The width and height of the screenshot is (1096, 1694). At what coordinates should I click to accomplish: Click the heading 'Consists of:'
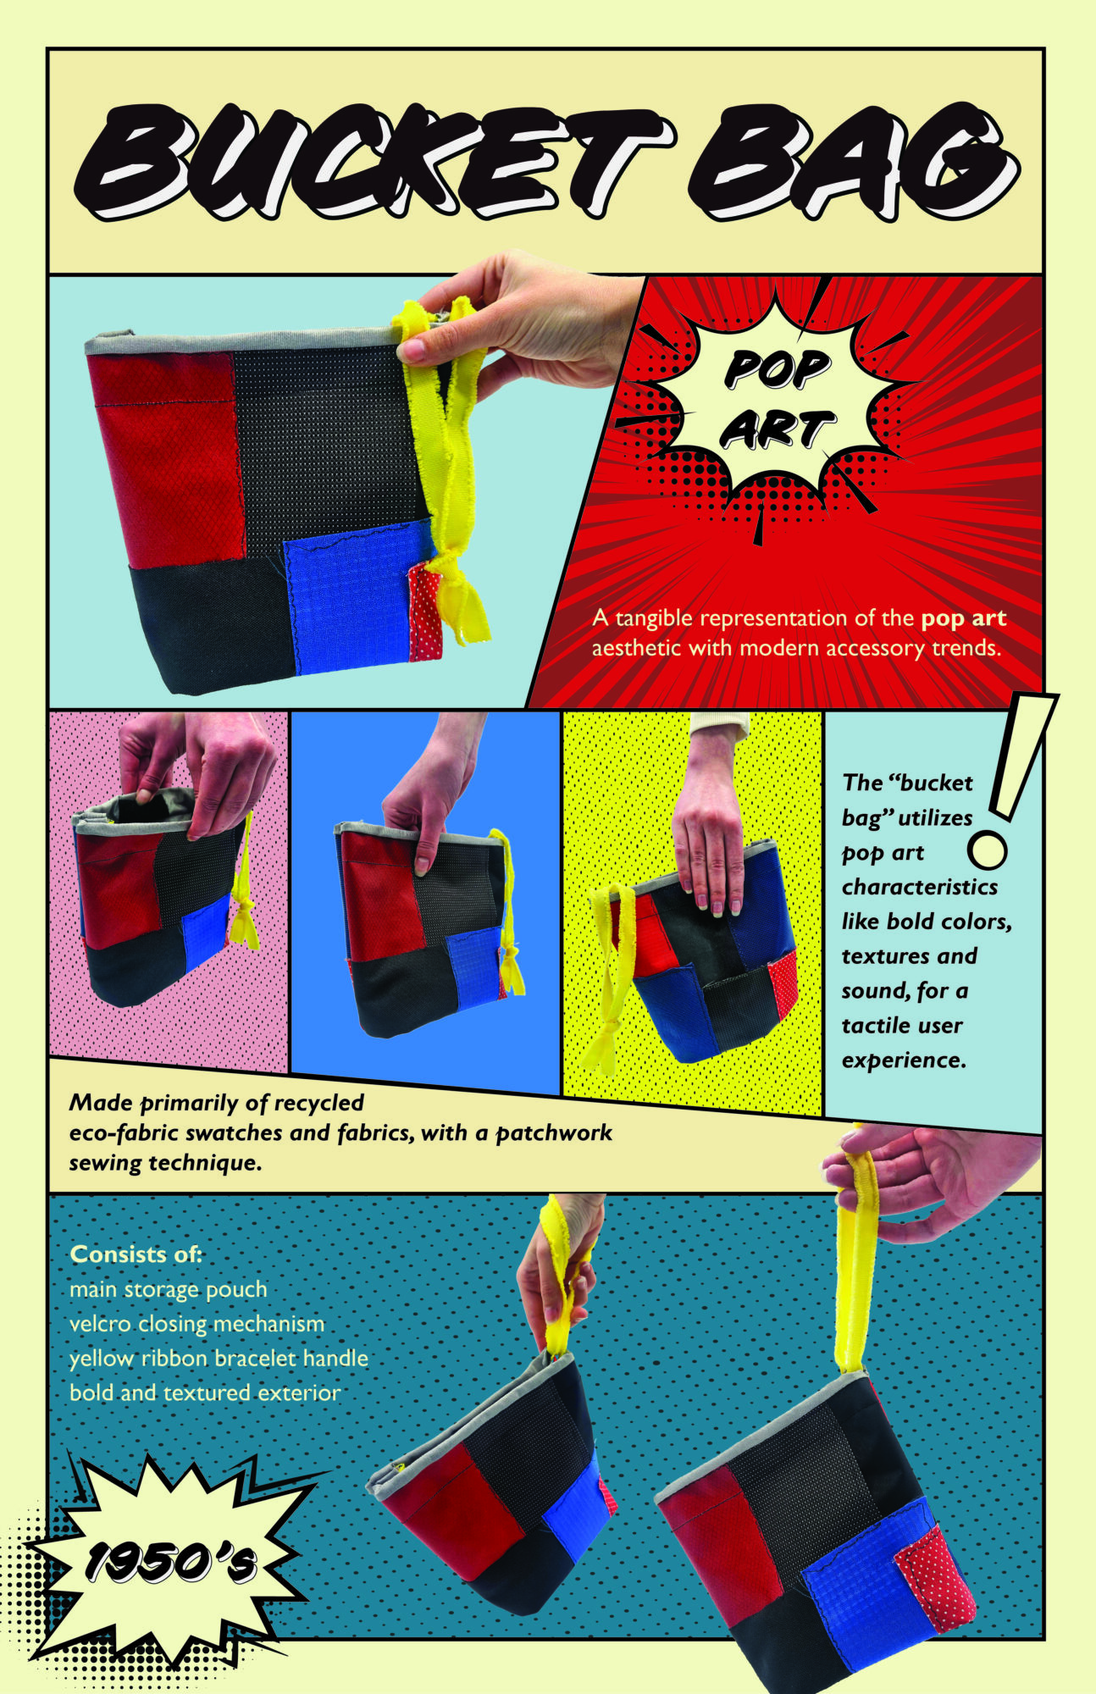136,1254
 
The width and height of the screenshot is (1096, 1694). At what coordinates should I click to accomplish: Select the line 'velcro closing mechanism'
197,1324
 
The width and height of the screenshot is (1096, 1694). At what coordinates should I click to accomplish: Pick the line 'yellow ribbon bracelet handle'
219,1359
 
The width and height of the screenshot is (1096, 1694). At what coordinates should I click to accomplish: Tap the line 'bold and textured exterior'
205,1393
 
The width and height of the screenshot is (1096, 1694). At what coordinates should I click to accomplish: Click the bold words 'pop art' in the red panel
964,619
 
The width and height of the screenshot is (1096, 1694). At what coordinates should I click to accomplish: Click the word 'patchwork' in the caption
554,1133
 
